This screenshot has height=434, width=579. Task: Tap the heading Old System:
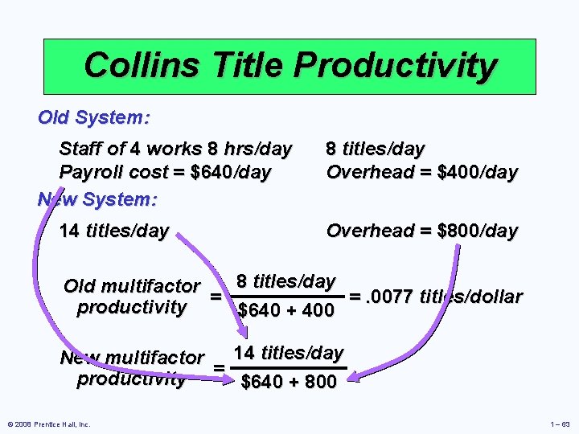coord(93,117)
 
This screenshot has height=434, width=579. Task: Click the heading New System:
coord(97,199)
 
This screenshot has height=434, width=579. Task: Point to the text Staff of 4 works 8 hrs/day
coord(175,149)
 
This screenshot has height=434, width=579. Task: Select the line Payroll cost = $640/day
coord(165,172)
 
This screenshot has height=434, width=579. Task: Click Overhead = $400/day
coord(421,172)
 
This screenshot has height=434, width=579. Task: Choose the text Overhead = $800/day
coord(421,231)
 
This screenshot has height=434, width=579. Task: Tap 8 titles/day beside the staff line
coord(375,149)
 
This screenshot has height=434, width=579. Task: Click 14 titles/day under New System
coord(114,231)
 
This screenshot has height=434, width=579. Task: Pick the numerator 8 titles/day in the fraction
coord(285,281)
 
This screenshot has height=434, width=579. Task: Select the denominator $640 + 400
coord(286,310)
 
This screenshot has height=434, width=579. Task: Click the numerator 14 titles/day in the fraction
coord(288,353)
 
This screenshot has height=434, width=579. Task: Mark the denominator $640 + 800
coord(289,383)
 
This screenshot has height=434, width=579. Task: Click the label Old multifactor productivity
coord(132,297)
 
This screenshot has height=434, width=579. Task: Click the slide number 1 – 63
coord(559,424)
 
